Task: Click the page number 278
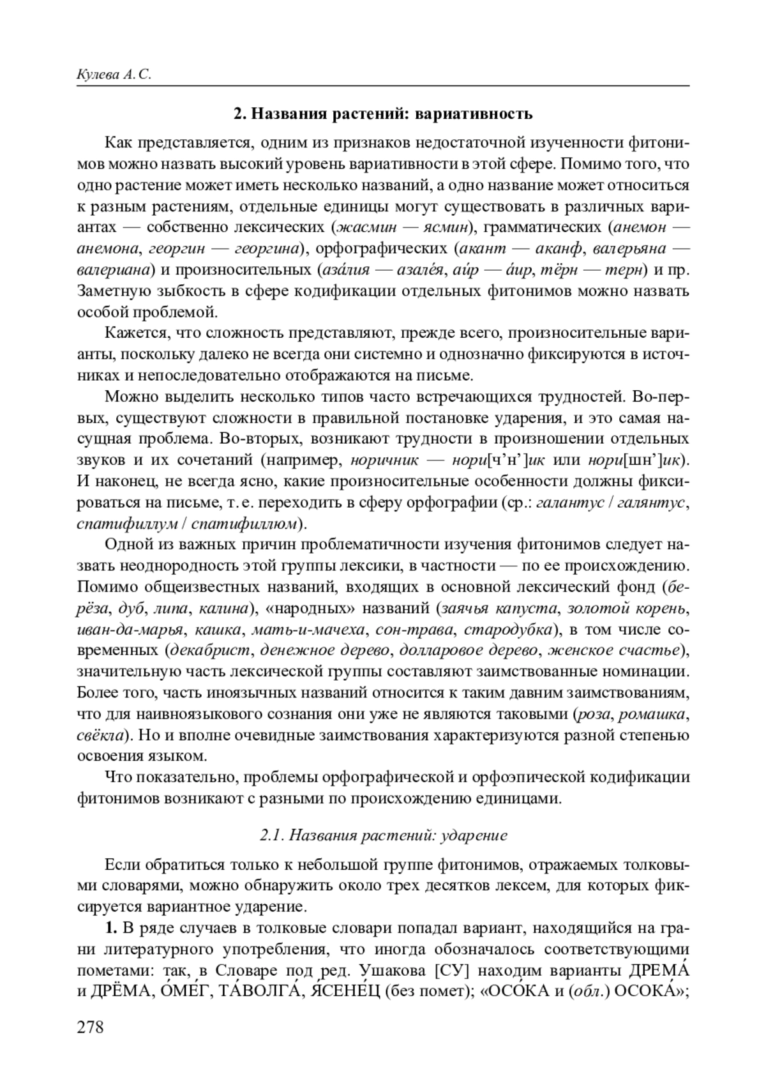coord(90,1028)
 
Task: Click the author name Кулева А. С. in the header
coord(114,74)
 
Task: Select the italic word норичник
coord(385,460)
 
